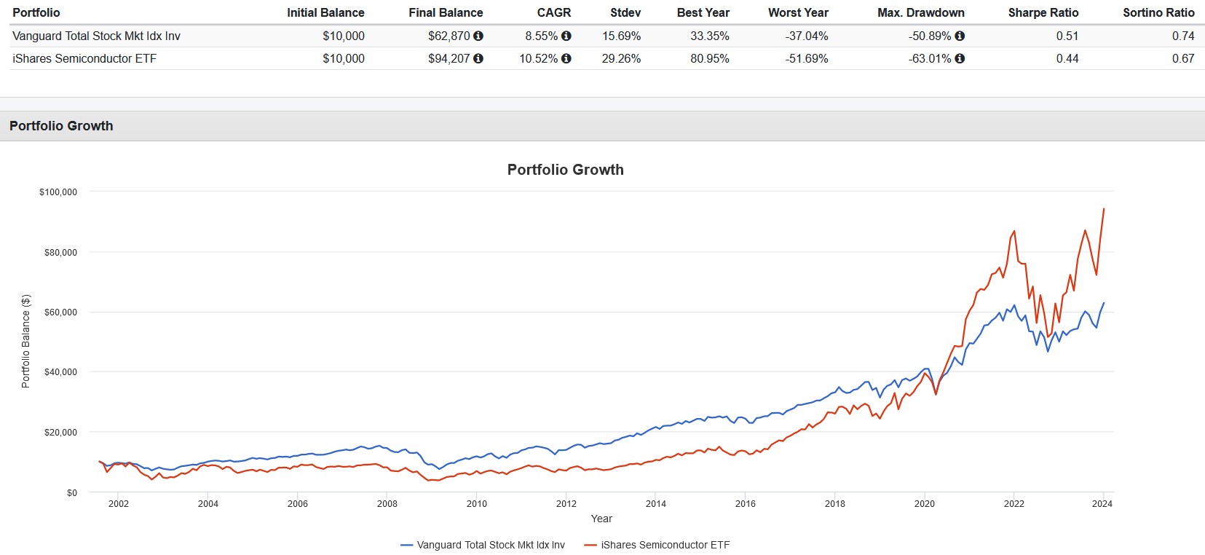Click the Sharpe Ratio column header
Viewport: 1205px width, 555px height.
(x=1043, y=12)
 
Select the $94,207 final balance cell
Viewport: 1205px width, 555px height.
(x=449, y=58)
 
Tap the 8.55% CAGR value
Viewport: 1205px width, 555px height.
(x=541, y=36)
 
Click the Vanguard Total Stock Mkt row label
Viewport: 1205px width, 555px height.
(x=96, y=36)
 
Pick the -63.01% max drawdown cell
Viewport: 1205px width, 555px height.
(x=930, y=58)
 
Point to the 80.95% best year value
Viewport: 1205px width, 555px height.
(x=709, y=58)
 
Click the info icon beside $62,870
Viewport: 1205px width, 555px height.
(x=478, y=36)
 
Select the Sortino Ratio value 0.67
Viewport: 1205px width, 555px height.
(x=1182, y=58)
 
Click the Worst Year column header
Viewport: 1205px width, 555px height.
(x=798, y=12)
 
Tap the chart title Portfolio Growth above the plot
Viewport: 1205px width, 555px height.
(x=565, y=170)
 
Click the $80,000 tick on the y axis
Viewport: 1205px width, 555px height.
(x=60, y=253)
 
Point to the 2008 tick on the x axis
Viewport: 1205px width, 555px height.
(x=387, y=503)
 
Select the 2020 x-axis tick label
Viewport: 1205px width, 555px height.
(x=924, y=503)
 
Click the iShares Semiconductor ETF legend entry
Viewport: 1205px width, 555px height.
(x=664, y=545)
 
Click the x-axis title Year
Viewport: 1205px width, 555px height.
(x=601, y=519)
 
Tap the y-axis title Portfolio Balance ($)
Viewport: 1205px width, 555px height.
(x=26, y=341)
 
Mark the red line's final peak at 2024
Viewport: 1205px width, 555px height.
(x=1104, y=209)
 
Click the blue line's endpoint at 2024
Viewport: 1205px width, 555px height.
(x=1104, y=303)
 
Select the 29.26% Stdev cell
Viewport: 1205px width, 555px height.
(x=621, y=58)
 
